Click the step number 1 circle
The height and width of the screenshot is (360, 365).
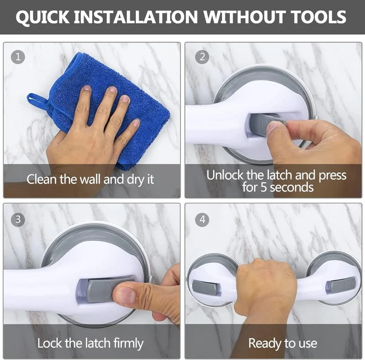pos(18,57)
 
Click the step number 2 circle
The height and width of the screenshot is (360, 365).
pos(202,57)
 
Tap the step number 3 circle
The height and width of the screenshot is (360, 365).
pos(18,220)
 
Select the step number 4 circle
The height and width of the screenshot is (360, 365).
pos(202,220)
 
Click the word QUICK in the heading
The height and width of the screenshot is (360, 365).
pos(42,17)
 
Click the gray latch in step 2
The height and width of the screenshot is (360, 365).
pos(266,124)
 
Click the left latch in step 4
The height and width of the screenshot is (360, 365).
pos(205,287)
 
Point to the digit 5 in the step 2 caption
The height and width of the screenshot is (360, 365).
pos(264,187)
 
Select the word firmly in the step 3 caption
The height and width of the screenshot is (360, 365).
pos(128,344)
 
